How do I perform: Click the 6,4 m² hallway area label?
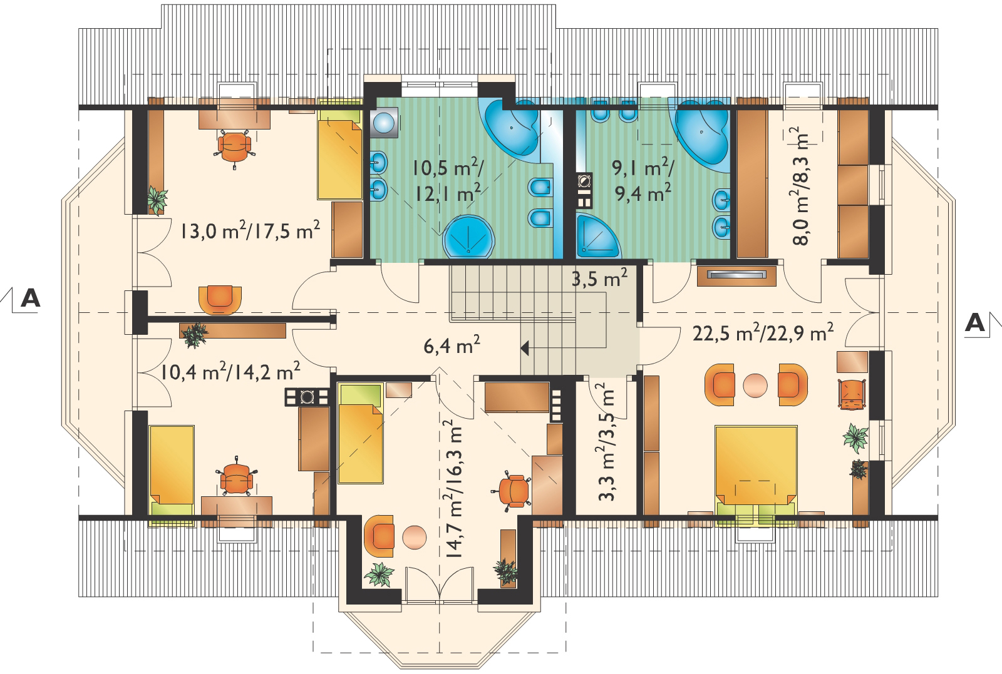click(452, 345)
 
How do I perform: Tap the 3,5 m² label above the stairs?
click(599, 278)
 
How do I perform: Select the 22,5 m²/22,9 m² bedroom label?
click(763, 332)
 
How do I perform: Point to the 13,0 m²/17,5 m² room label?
click(250, 231)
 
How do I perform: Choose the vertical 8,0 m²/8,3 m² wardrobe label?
click(801, 186)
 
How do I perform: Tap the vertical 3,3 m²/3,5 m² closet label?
click(607, 442)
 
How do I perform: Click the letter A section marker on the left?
click(31, 298)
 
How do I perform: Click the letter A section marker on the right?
click(975, 322)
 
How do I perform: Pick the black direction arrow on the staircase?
click(525, 348)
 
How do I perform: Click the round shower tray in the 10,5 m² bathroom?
click(468, 237)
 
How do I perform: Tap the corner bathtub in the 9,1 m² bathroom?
click(701, 133)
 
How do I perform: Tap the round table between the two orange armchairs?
click(755, 386)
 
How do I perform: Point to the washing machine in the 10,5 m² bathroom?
click(384, 122)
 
